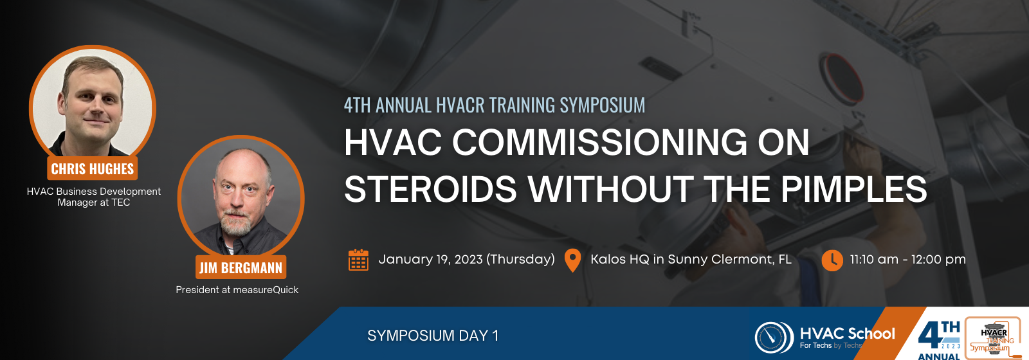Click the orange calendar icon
[x=358, y=260]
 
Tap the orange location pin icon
[x=572, y=260]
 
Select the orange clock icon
[x=832, y=260]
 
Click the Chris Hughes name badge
[x=93, y=168]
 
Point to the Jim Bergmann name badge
[x=241, y=267]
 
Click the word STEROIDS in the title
[x=430, y=189]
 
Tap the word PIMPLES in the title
[x=854, y=189]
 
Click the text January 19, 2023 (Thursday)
[x=466, y=260]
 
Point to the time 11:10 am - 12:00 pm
[x=907, y=260]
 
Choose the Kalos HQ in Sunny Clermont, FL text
[x=691, y=260]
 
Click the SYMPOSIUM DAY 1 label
[x=433, y=336]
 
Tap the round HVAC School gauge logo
[x=774, y=338]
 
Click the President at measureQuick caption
[x=237, y=290]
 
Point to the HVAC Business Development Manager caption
[x=94, y=197]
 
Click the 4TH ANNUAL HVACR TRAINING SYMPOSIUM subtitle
[x=495, y=105]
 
